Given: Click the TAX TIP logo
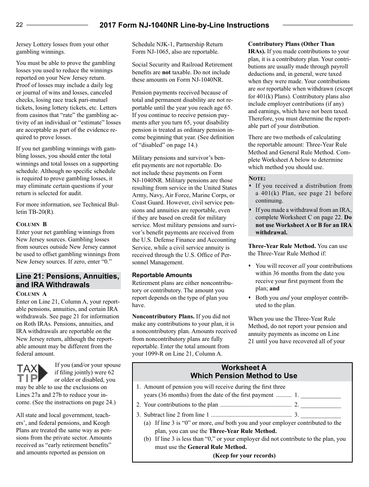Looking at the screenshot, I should (32, 374).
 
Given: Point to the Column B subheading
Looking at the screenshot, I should (31, 224).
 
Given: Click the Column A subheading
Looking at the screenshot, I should (31, 294).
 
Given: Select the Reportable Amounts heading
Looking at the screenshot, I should (162, 275).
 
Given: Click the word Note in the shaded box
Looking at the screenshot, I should (257, 178).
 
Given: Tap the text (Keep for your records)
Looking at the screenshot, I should (244, 456).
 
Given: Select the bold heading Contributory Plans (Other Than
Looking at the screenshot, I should (291, 44).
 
